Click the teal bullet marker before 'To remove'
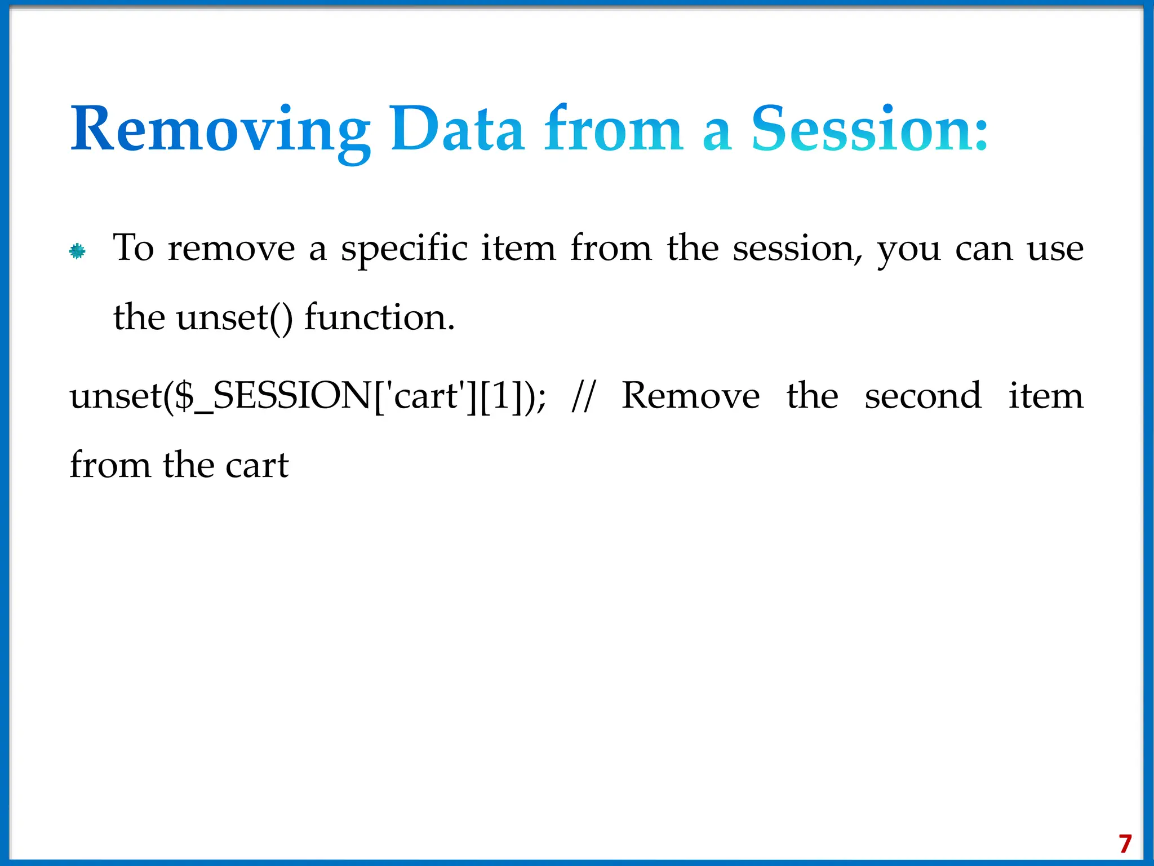[x=77, y=251]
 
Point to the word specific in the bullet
[x=404, y=249]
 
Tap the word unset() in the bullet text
[x=234, y=317]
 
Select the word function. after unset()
[x=379, y=317]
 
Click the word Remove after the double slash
[x=690, y=396]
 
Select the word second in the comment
[x=923, y=396]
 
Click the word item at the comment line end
[x=1045, y=396]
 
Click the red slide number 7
[x=1125, y=844]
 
